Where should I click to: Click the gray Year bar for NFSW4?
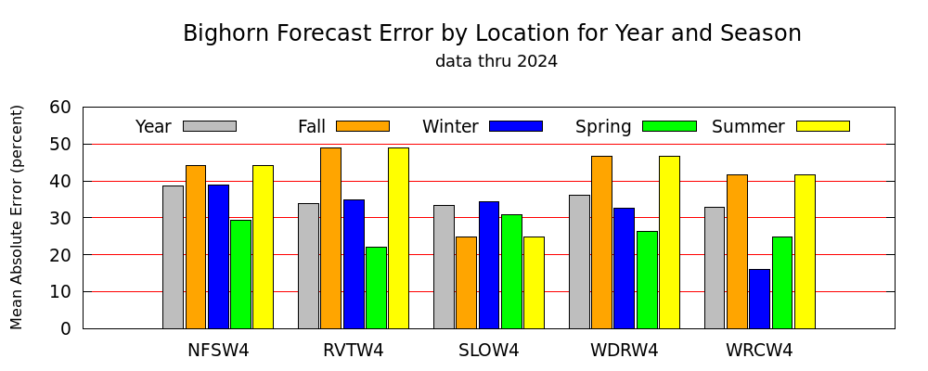(x=173, y=258)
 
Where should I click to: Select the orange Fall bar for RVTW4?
(x=331, y=237)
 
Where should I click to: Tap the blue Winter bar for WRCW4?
(x=760, y=299)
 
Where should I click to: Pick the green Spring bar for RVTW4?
(x=377, y=288)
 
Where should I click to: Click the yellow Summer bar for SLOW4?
(x=534, y=283)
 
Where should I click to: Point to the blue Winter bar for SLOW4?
(x=489, y=265)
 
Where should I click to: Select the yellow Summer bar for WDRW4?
(x=669, y=243)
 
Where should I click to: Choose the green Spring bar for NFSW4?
(x=241, y=275)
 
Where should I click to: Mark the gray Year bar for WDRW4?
(x=579, y=262)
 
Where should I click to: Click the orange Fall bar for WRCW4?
(x=738, y=251)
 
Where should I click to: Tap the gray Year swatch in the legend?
(x=210, y=126)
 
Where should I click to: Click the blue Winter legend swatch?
(x=516, y=126)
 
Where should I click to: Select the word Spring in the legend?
(x=603, y=127)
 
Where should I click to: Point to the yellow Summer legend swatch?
(x=823, y=126)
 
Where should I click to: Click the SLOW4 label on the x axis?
(x=489, y=351)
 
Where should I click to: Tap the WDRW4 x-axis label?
(x=625, y=351)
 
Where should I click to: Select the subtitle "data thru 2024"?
(x=496, y=61)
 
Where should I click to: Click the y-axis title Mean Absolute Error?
(x=17, y=217)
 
